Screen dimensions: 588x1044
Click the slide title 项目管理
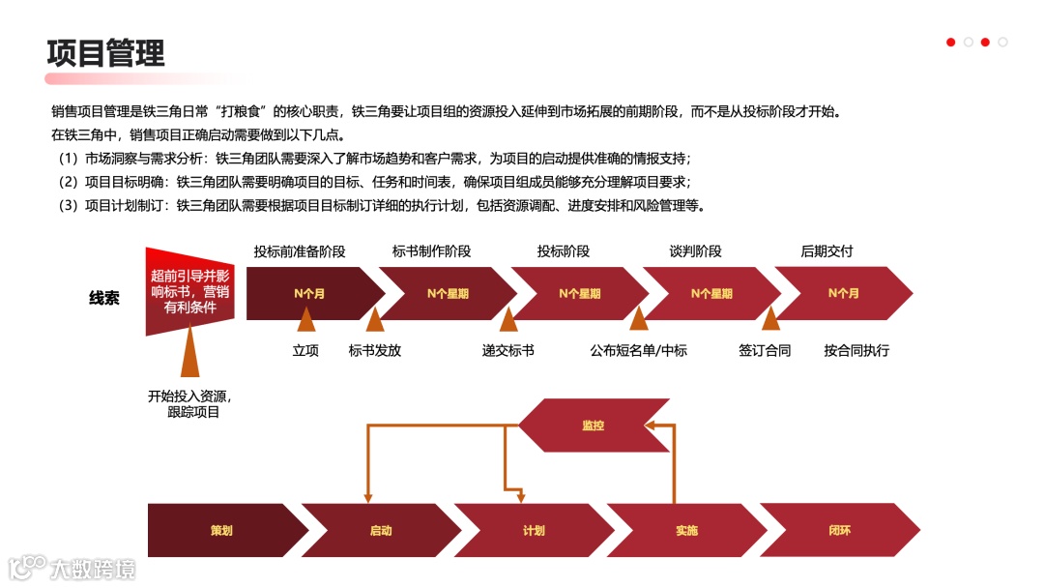106,52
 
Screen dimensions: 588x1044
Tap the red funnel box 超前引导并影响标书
189,292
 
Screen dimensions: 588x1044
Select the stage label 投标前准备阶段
300,251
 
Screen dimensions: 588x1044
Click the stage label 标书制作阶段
432,251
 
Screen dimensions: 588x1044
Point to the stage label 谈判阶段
696,251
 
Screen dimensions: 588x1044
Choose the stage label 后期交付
827,251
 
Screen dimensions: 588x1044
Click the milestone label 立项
305,350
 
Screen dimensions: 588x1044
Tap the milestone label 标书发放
375,350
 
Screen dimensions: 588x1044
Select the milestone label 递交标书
508,350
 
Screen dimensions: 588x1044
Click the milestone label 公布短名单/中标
639,350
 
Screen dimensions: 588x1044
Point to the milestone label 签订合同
765,350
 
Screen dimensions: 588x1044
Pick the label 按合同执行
856,350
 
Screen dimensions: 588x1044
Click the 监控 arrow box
594,425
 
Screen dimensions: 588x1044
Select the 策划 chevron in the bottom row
221,530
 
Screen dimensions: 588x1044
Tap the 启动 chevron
381,530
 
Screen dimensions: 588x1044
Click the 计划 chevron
534,530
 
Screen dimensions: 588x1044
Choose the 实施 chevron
686,530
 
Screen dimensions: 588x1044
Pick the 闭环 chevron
839,530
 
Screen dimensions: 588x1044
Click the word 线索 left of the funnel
104,298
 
